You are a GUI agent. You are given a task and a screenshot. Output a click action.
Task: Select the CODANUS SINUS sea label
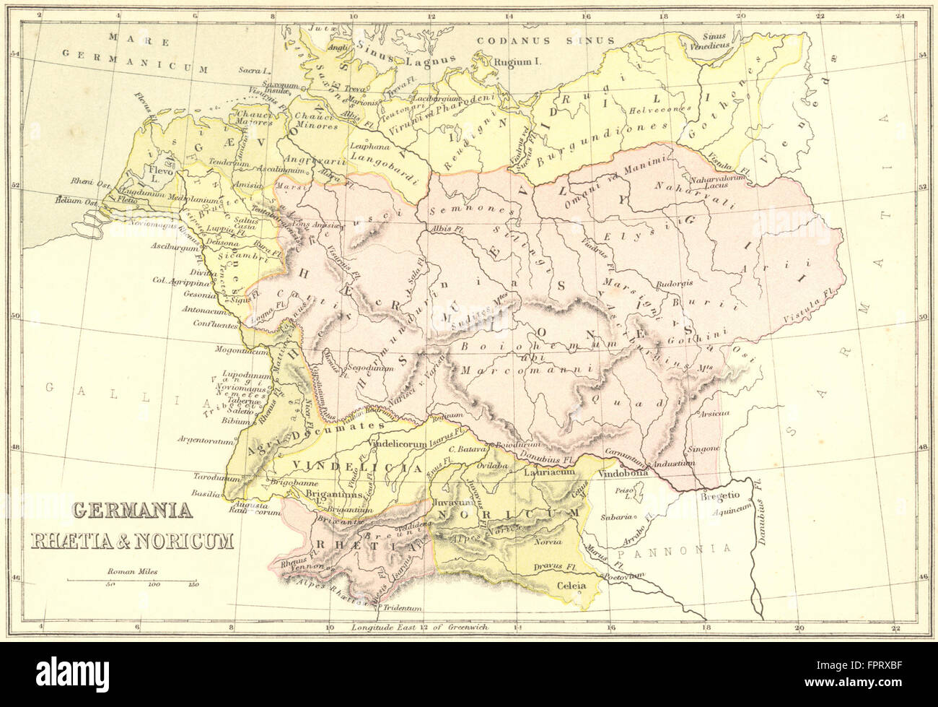click(548, 41)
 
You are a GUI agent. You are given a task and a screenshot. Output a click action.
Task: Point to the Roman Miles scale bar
click(133, 580)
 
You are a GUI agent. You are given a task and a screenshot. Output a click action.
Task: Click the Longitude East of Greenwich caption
click(420, 627)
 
